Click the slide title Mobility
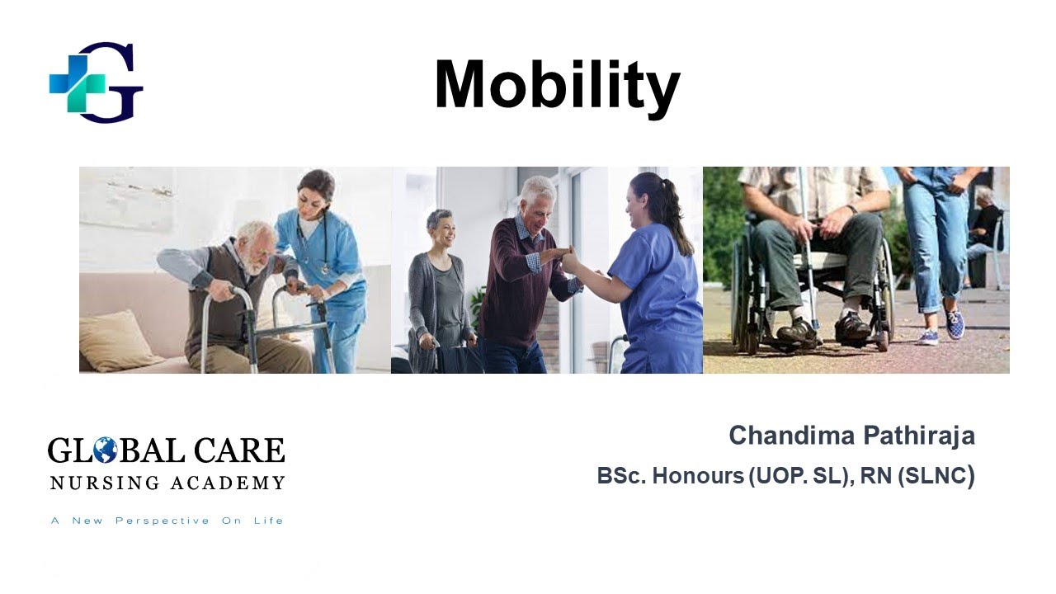pos(557,86)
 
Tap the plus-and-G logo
pos(96,82)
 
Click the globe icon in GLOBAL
pos(105,450)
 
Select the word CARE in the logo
pos(250,450)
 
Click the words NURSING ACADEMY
pos(167,483)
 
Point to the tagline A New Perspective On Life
pos(167,521)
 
